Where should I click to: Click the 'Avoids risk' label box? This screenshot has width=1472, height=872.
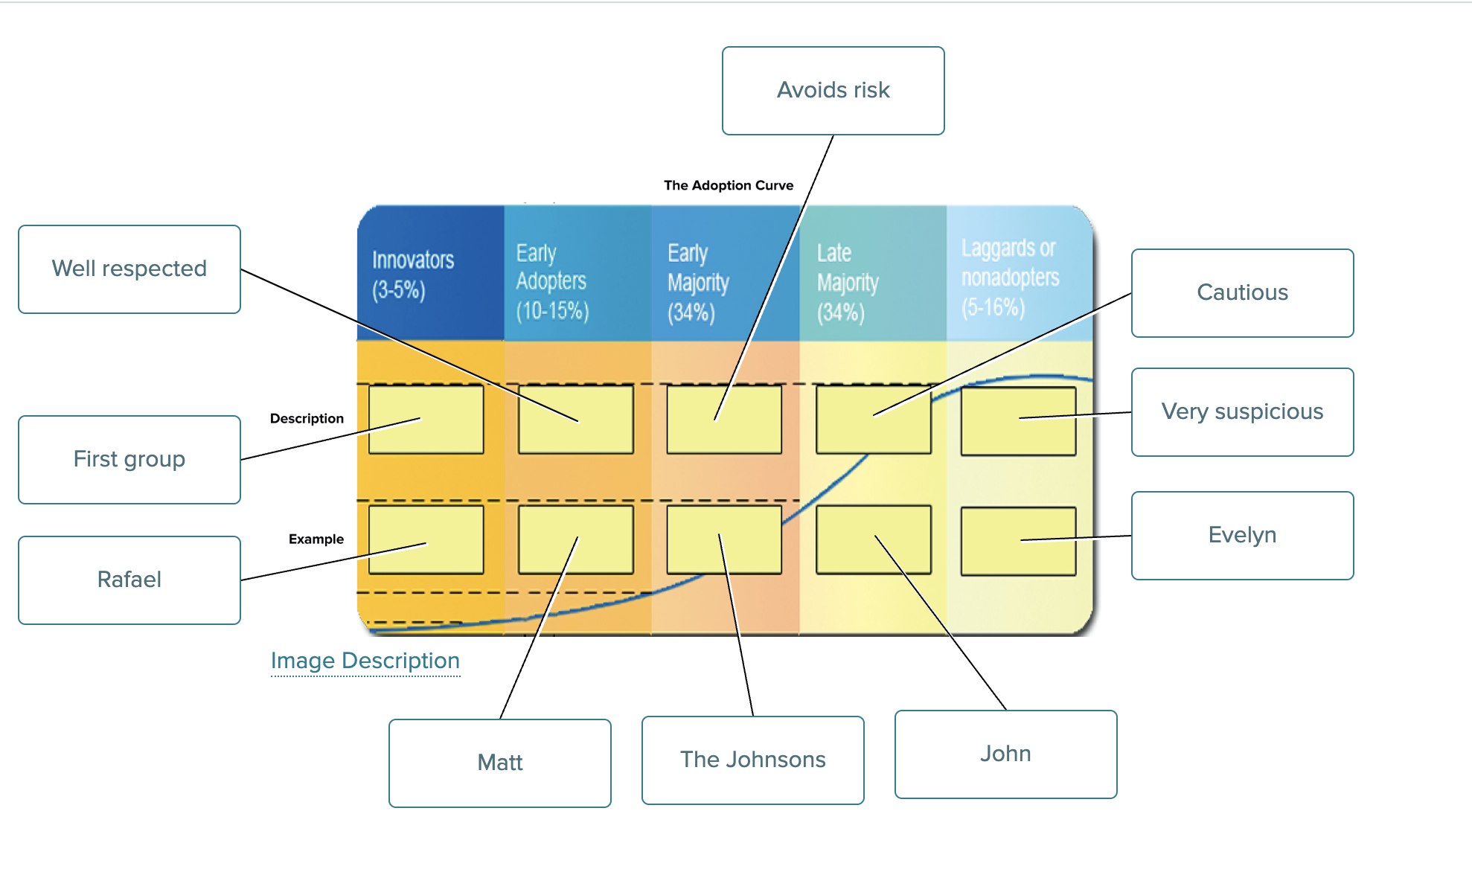point(833,91)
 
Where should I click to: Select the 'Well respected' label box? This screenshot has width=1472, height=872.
point(129,269)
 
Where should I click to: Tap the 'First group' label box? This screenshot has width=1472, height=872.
point(129,459)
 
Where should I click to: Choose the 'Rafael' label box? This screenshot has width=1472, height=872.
point(129,580)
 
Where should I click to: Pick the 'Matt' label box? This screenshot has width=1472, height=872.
point(500,763)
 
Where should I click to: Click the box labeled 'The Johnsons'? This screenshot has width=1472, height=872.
point(752,760)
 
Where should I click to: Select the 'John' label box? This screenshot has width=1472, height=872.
point(1005,754)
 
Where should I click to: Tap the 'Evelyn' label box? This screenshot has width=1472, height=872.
point(1242,535)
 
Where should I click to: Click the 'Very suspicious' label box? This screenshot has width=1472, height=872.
point(1242,411)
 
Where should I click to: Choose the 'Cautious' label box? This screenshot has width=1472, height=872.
point(1242,292)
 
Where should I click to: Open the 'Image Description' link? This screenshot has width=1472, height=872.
point(365,661)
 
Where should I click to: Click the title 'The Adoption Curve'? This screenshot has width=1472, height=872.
point(729,185)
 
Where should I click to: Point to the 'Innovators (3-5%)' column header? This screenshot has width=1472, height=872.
point(413,275)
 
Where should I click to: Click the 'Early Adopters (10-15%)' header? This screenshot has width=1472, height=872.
point(552,282)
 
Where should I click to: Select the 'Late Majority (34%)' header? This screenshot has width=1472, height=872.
point(848,283)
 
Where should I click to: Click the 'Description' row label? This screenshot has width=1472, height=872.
point(307,419)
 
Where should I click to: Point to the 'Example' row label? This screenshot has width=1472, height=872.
point(316,539)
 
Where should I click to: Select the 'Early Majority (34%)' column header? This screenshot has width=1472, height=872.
point(698,283)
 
